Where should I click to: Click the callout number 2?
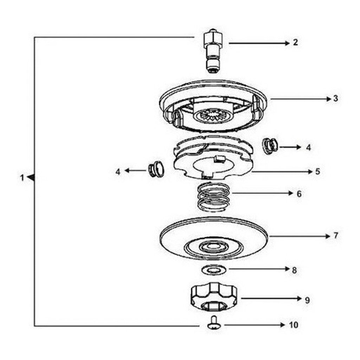pyautogui.click(x=295, y=42)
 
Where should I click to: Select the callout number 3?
pyautogui.click(x=336, y=98)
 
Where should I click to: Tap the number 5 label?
pyautogui.click(x=317, y=171)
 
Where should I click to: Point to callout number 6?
pyautogui.click(x=299, y=194)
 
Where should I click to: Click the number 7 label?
pyautogui.click(x=336, y=236)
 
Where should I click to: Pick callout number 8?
pyautogui.click(x=294, y=270)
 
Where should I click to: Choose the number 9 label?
pyautogui.click(x=307, y=300)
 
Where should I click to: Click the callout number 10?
pyautogui.click(x=294, y=325)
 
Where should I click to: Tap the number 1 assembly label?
pyautogui.click(x=22, y=178)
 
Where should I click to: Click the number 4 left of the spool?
pyautogui.click(x=118, y=172)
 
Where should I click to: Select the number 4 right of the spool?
pyautogui.click(x=308, y=147)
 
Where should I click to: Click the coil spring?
pyautogui.click(x=213, y=197)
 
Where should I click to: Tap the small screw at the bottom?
pyautogui.click(x=214, y=323)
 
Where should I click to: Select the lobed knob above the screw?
pyautogui.click(x=213, y=297)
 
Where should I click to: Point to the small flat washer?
pyautogui.click(x=214, y=270)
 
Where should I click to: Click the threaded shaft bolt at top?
pyautogui.click(x=213, y=51)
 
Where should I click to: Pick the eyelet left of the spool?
pyautogui.click(x=156, y=169)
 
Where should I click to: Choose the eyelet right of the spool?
pyautogui.click(x=270, y=146)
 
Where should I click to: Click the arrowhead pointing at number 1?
pyautogui.click(x=31, y=178)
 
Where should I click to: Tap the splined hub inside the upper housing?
pyautogui.click(x=213, y=115)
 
